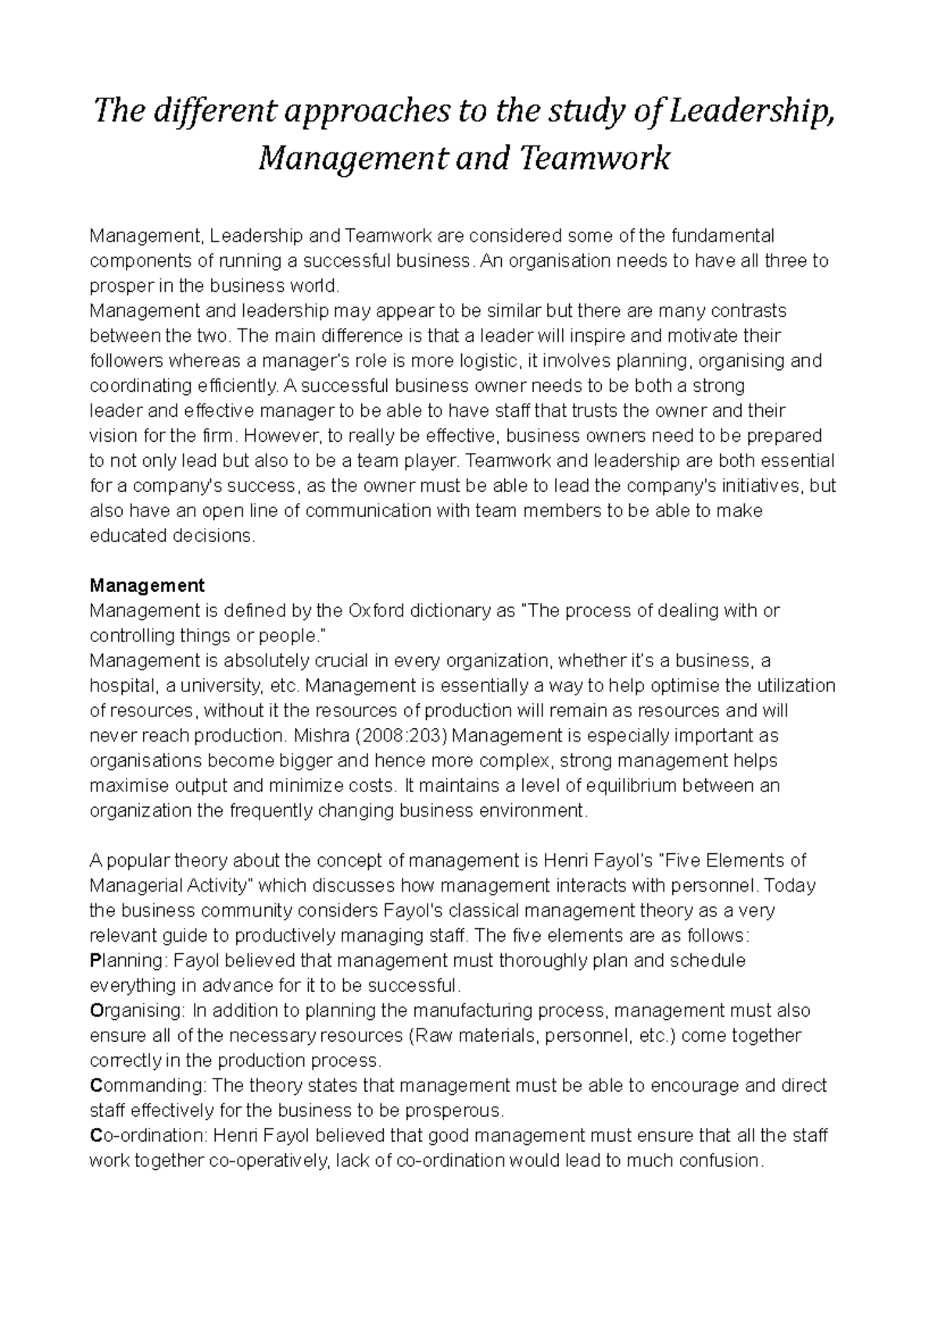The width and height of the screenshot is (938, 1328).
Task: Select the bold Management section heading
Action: pos(147,585)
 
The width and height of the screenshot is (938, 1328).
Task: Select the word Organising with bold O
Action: pos(134,1010)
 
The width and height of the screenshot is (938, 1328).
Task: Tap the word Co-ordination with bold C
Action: pos(147,1136)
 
